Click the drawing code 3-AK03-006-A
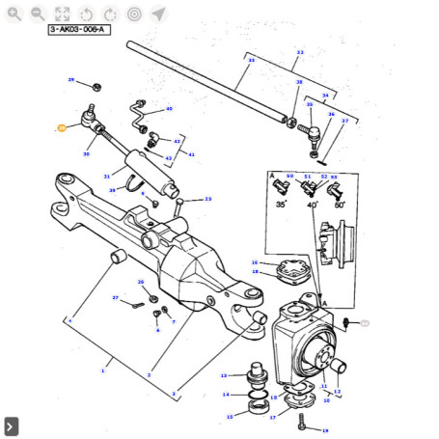pos(78,30)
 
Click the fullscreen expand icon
pos(62,14)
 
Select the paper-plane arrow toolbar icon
pos(158,14)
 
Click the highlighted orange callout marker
pos(61,127)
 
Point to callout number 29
pos(70,80)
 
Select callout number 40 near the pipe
pos(169,109)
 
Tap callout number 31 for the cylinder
pos(106,176)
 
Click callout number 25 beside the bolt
pos(207,199)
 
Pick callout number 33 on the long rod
pos(252,60)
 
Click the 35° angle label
pos(281,205)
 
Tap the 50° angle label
pos(341,205)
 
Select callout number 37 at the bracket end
pos(344,122)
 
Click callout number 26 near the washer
pos(141,282)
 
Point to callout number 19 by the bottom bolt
pos(325,430)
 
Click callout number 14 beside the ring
pos(226,395)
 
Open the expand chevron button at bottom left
pos(11,425)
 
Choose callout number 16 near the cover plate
pos(254,262)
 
